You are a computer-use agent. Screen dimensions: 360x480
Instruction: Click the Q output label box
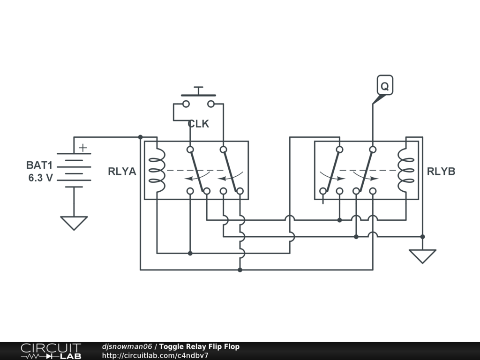pyautogui.click(x=384, y=86)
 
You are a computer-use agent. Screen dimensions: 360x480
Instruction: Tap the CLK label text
pyautogui.click(x=198, y=124)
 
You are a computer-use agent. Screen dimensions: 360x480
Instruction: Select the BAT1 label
pyautogui.click(x=39, y=165)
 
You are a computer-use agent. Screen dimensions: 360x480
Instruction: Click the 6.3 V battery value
pyautogui.click(x=40, y=178)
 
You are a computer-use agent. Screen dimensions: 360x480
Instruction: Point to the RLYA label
pyautogui.click(x=122, y=172)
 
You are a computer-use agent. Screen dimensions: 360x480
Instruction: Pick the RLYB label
pyautogui.click(x=441, y=172)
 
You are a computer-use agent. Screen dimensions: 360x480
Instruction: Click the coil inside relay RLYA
pyautogui.click(x=157, y=171)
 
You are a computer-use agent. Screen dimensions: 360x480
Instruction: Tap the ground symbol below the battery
pyautogui.click(x=74, y=223)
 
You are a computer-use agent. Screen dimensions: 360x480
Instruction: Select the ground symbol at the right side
pyautogui.click(x=422, y=256)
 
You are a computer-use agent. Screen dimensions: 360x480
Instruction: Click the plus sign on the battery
pyautogui.click(x=83, y=148)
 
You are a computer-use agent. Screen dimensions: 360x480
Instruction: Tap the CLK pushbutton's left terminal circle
pyautogui.click(x=186, y=104)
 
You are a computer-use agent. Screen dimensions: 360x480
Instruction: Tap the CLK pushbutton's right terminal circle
pyautogui.click(x=211, y=104)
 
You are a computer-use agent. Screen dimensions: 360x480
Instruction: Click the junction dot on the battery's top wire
pyautogui.click(x=140, y=137)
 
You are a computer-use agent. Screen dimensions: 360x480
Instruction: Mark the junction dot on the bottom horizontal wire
pyautogui.click(x=240, y=270)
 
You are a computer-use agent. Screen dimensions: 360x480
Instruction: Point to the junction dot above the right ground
pyautogui.click(x=422, y=237)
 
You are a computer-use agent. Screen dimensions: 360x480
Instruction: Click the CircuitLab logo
pyautogui.click(x=51, y=351)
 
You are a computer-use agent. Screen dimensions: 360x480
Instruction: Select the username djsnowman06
pyautogui.click(x=127, y=347)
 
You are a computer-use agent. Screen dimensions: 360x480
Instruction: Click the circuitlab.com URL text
pyautogui.click(x=155, y=355)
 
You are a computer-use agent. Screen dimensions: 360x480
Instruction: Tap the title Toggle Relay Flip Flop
pyautogui.click(x=199, y=347)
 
